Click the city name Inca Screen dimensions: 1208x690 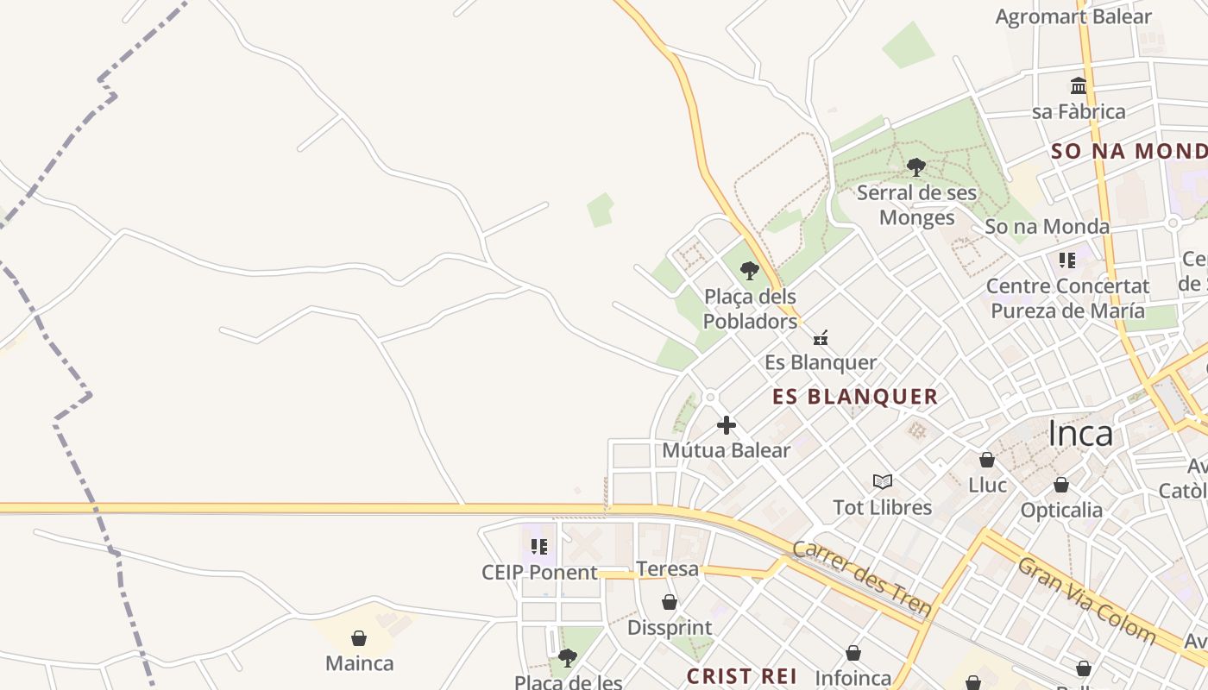coord(1080,434)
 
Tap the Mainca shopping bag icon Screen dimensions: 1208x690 coord(359,638)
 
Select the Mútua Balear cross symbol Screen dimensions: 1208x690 coord(727,424)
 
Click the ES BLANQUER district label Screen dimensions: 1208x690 coord(855,397)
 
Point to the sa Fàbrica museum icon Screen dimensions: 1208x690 coord(1079,85)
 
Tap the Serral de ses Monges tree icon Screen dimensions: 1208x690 coord(916,166)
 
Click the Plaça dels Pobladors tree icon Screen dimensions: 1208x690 coord(750,271)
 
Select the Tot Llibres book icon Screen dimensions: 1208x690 coord(882,481)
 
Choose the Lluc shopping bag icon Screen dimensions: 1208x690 coord(987,460)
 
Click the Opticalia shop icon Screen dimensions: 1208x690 coord(1061,485)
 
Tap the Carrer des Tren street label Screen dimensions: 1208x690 coord(862,579)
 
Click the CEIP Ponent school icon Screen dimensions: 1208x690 coord(539,546)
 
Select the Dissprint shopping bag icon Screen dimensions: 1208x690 coord(670,602)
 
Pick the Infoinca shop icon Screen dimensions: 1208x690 coord(853,653)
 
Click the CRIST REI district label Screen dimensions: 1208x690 coord(741,676)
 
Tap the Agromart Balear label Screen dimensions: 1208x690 coord(1073,16)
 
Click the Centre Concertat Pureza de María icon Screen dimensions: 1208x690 coord(1067,260)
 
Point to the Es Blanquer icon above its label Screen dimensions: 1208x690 coord(821,337)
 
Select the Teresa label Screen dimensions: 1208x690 coord(667,569)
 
